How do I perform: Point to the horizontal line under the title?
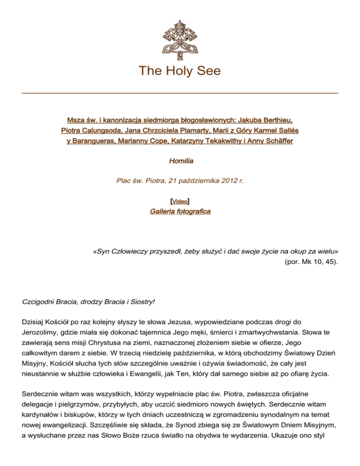point(180,93)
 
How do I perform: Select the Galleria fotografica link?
point(180,211)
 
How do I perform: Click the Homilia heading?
point(180,161)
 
